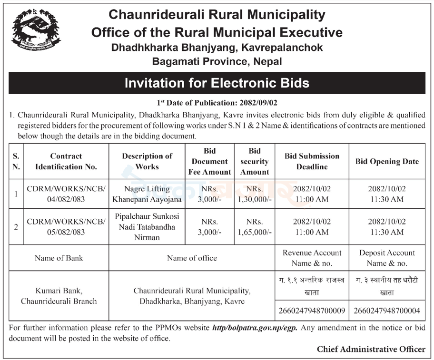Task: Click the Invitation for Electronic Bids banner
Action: coord(217,83)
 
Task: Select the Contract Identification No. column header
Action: coord(66,161)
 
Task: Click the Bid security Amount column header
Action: coord(255,161)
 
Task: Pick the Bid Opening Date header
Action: coord(387,161)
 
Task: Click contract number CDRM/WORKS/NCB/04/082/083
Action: coord(66,194)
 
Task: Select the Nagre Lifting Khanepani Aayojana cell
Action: coord(147,194)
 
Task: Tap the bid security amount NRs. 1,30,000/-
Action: coord(255,194)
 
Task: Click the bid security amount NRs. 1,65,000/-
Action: coord(255,227)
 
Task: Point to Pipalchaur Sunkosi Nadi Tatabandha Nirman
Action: coord(147,227)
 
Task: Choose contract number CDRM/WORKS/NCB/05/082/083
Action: coord(66,227)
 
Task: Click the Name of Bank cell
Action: coord(59,258)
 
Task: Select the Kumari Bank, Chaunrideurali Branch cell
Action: coord(59,295)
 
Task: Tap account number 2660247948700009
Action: coord(312,311)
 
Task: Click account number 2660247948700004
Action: coord(387,311)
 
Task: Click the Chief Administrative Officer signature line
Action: coord(371,350)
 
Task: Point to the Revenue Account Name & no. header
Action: coord(312,258)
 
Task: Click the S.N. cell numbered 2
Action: coord(16,227)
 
